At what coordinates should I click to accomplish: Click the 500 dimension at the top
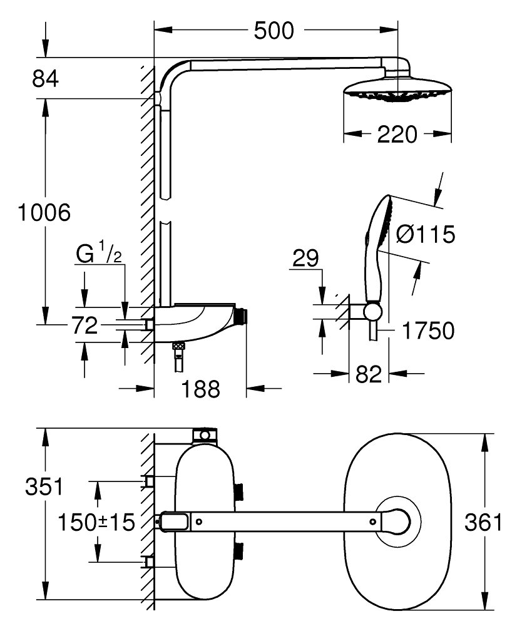274,30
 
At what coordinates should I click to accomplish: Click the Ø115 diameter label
426,235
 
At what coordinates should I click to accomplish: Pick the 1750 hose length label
427,331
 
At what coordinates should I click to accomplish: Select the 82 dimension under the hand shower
369,375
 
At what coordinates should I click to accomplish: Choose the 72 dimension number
84,326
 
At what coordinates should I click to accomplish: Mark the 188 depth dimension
202,389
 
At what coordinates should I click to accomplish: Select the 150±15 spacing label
96,522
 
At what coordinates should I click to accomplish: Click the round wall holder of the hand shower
372,311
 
